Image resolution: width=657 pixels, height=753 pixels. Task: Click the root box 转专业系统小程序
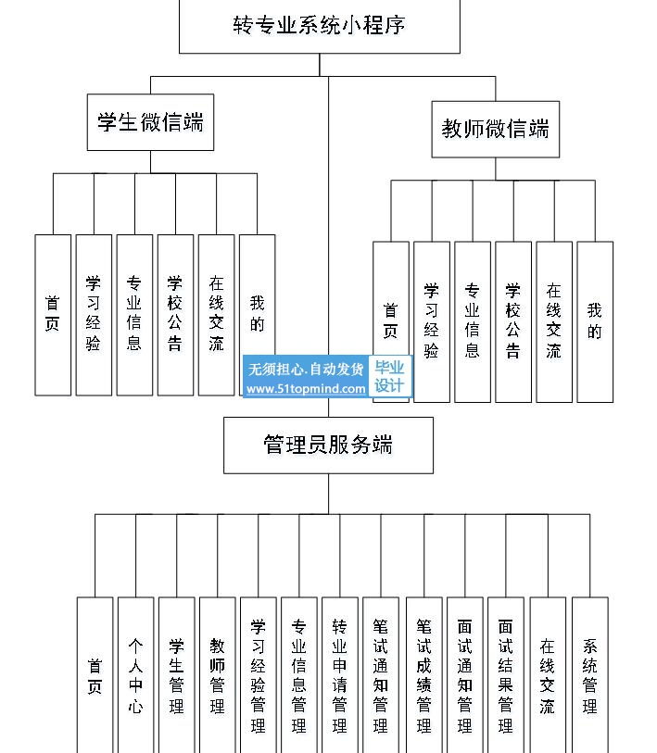point(319,26)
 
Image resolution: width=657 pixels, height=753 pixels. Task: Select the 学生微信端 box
point(150,122)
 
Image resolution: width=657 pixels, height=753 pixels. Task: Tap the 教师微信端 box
point(496,129)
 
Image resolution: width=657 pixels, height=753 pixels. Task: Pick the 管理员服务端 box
point(328,446)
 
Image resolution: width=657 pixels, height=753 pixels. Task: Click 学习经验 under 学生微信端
point(94,315)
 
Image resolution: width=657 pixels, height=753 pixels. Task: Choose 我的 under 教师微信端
point(595,321)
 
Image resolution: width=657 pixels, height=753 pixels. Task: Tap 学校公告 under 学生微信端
point(175,315)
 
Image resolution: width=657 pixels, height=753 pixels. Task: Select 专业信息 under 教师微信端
point(473,321)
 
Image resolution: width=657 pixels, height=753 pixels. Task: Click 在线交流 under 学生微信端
point(216,315)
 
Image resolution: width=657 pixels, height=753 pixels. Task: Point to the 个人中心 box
point(136,675)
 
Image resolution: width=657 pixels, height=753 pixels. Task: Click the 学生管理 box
point(177,675)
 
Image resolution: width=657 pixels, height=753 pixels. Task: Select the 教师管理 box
point(218,675)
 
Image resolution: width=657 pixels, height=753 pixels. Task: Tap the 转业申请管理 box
point(340,675)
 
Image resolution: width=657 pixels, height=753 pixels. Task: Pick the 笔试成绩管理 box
point(423,675)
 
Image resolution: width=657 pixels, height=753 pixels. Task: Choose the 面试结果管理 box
point(506,675)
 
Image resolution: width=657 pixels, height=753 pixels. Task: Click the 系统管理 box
point(590,675)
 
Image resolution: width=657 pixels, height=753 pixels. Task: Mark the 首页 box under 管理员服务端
point(95,675)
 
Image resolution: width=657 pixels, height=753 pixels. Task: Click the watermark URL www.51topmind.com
point(306,388)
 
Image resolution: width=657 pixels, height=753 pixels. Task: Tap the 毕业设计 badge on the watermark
point(390,376)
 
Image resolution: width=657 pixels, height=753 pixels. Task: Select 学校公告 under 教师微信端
point(513,321)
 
